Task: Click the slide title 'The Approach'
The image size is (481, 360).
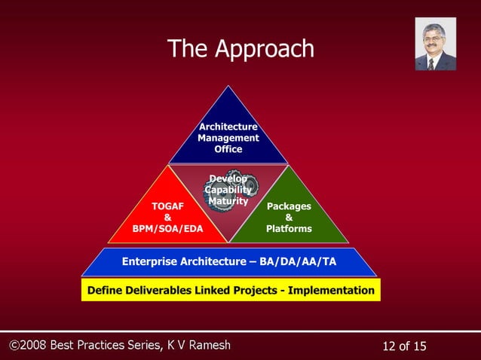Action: pos(240,49)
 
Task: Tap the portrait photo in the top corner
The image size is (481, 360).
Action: pos(435,44)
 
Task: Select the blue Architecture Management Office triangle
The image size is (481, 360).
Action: pos(228,132)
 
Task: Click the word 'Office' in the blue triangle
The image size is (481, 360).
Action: pos(228,150)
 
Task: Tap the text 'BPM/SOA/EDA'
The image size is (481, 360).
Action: pos(167,228)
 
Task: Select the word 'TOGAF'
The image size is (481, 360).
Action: pos(167,205)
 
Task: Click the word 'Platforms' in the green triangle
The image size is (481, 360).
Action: pos(289,228)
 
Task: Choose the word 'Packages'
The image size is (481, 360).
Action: pos(289,205)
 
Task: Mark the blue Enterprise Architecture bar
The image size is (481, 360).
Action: pos(228,261)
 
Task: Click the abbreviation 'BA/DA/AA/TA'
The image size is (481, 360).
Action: pos(299,261)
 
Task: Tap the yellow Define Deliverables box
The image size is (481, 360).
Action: pos(231,290)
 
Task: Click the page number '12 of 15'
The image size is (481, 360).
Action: pos(404,346)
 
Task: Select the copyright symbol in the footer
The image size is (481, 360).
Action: pos(14,346)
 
